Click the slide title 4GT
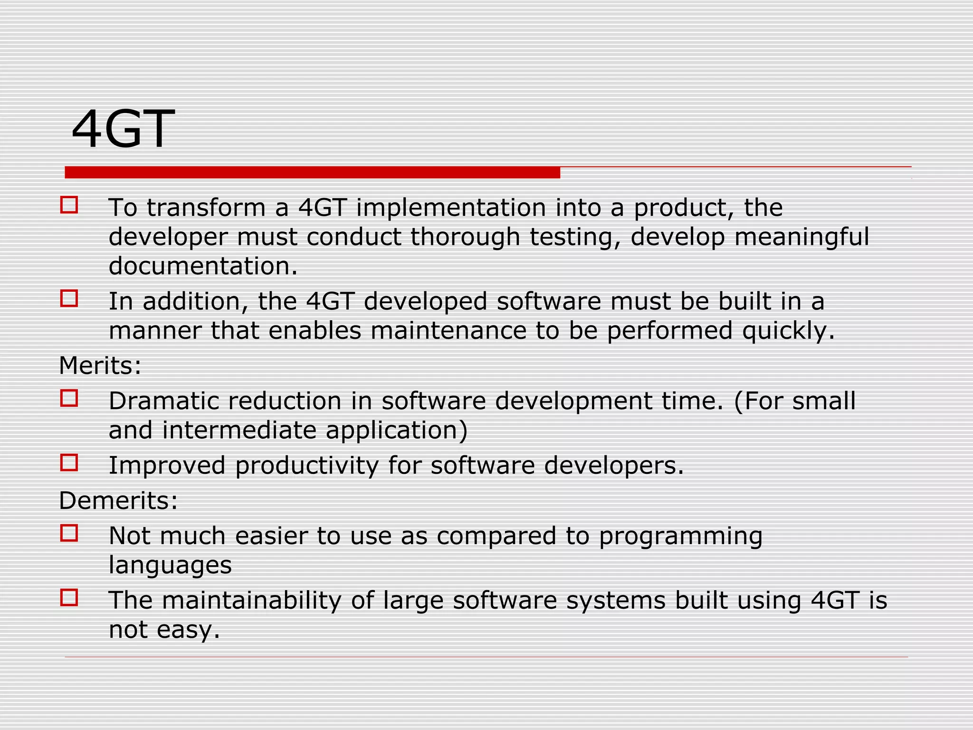[x=123, y=129]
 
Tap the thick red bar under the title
[x=312, y=173]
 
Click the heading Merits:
[x=100, y=365]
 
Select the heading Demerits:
[x=118, y=500]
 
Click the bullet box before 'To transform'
[x=69, y=205]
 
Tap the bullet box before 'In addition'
[x=69, y=299]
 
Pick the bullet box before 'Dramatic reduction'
[x=69, y=398]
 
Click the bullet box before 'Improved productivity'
[x=69, y=462]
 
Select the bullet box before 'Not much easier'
[x=69, y=533]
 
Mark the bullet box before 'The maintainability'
[x=69, y=597]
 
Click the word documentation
[x=203, y=266]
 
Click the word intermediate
[x=239, y=430]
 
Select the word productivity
[x=306, y=466]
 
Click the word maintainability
[x=252, y=600]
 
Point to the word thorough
[x=465, y=237]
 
